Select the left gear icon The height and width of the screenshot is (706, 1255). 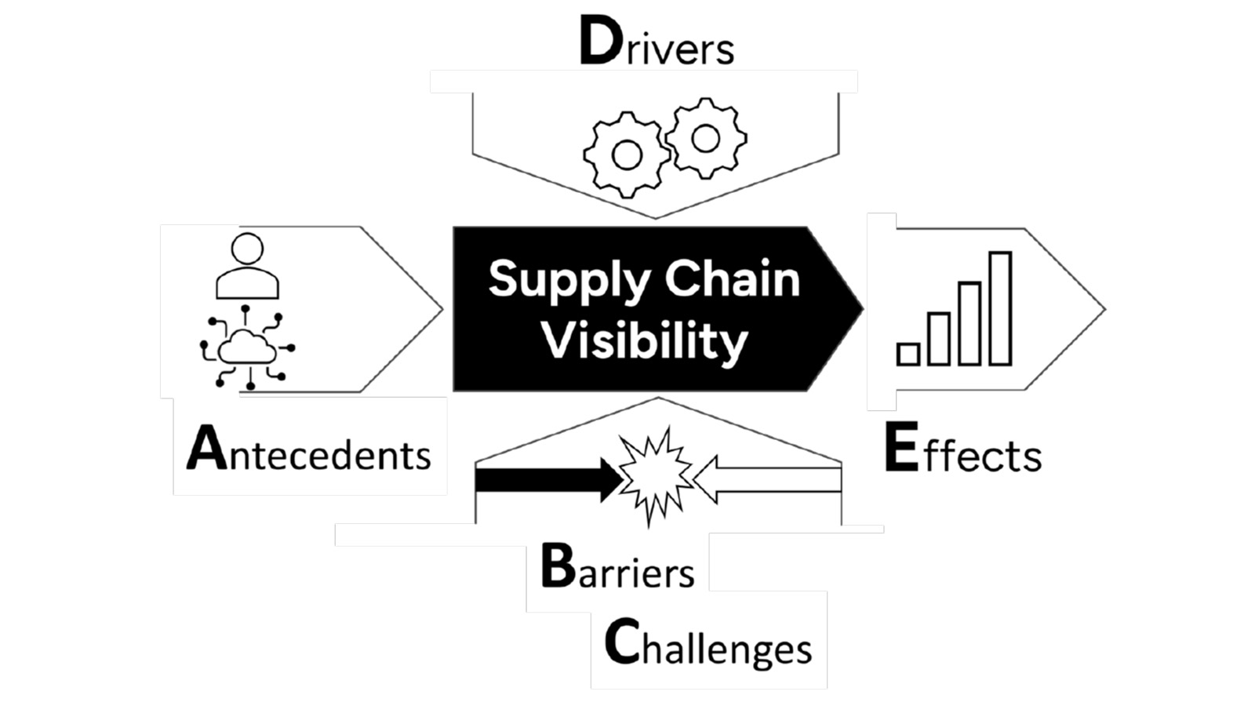[x=626, y=155]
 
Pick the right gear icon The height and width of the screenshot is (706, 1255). [x=705, y=138]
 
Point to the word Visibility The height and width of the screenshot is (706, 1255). [x=645, y=341]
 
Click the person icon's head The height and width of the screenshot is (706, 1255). [x=247, y=249]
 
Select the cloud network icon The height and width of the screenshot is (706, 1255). [x=248, y=348]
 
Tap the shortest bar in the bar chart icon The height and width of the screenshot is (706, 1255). [x=908, y=355]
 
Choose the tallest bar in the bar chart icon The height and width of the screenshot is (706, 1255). [x=1000, y=308]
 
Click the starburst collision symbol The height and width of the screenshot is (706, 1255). [x=655, y=475]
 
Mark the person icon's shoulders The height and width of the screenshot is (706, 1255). [x=247, y=284]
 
